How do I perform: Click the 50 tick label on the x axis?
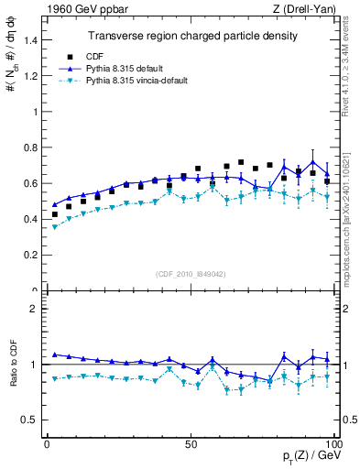pos(191,443)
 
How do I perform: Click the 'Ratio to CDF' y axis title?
pos(13,378)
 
